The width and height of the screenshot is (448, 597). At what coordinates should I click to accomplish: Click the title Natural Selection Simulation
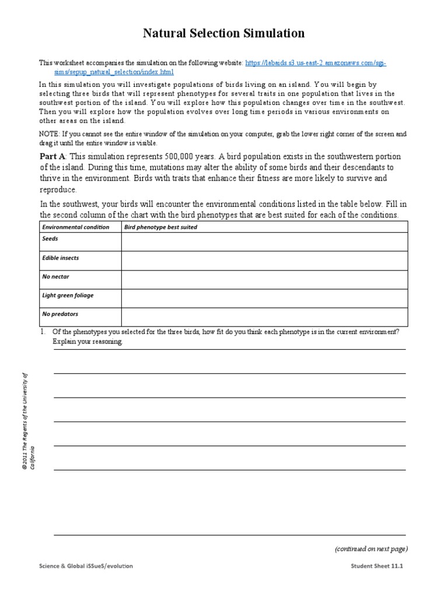224,33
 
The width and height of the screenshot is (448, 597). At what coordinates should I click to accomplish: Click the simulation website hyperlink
315,63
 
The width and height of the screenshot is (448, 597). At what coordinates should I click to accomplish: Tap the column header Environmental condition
75,227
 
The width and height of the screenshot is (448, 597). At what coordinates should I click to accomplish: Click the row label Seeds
50,239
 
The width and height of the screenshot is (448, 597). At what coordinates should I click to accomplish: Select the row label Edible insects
60,258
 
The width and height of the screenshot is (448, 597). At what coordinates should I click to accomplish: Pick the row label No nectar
55,276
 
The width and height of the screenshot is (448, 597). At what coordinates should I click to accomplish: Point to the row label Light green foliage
68,295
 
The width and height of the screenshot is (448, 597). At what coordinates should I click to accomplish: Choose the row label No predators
60,314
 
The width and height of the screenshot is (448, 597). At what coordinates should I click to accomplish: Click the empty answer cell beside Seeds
264,242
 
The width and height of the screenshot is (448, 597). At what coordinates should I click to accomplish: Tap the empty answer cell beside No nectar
264,279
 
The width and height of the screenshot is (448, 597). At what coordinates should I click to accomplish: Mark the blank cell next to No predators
264,317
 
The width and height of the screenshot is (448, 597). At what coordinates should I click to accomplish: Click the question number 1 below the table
43,332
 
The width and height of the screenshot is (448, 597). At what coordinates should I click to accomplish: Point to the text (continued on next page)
371,549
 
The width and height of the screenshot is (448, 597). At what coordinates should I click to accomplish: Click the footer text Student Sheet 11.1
377,566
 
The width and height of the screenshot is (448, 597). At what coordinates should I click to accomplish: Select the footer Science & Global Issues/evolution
89,566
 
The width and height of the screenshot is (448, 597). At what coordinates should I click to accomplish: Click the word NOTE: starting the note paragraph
49,134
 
